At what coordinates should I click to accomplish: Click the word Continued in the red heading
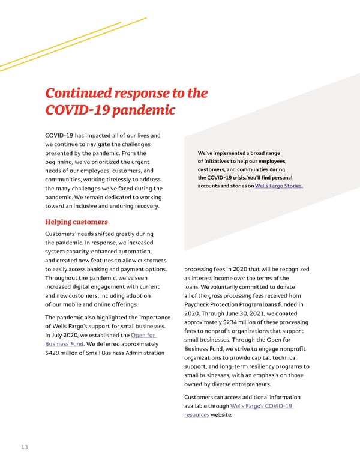80,94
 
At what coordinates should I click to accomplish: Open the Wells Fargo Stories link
279,186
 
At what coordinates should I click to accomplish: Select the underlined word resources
197,414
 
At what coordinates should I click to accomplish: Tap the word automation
137,252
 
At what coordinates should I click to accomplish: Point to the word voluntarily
239,287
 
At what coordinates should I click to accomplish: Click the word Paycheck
200,304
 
